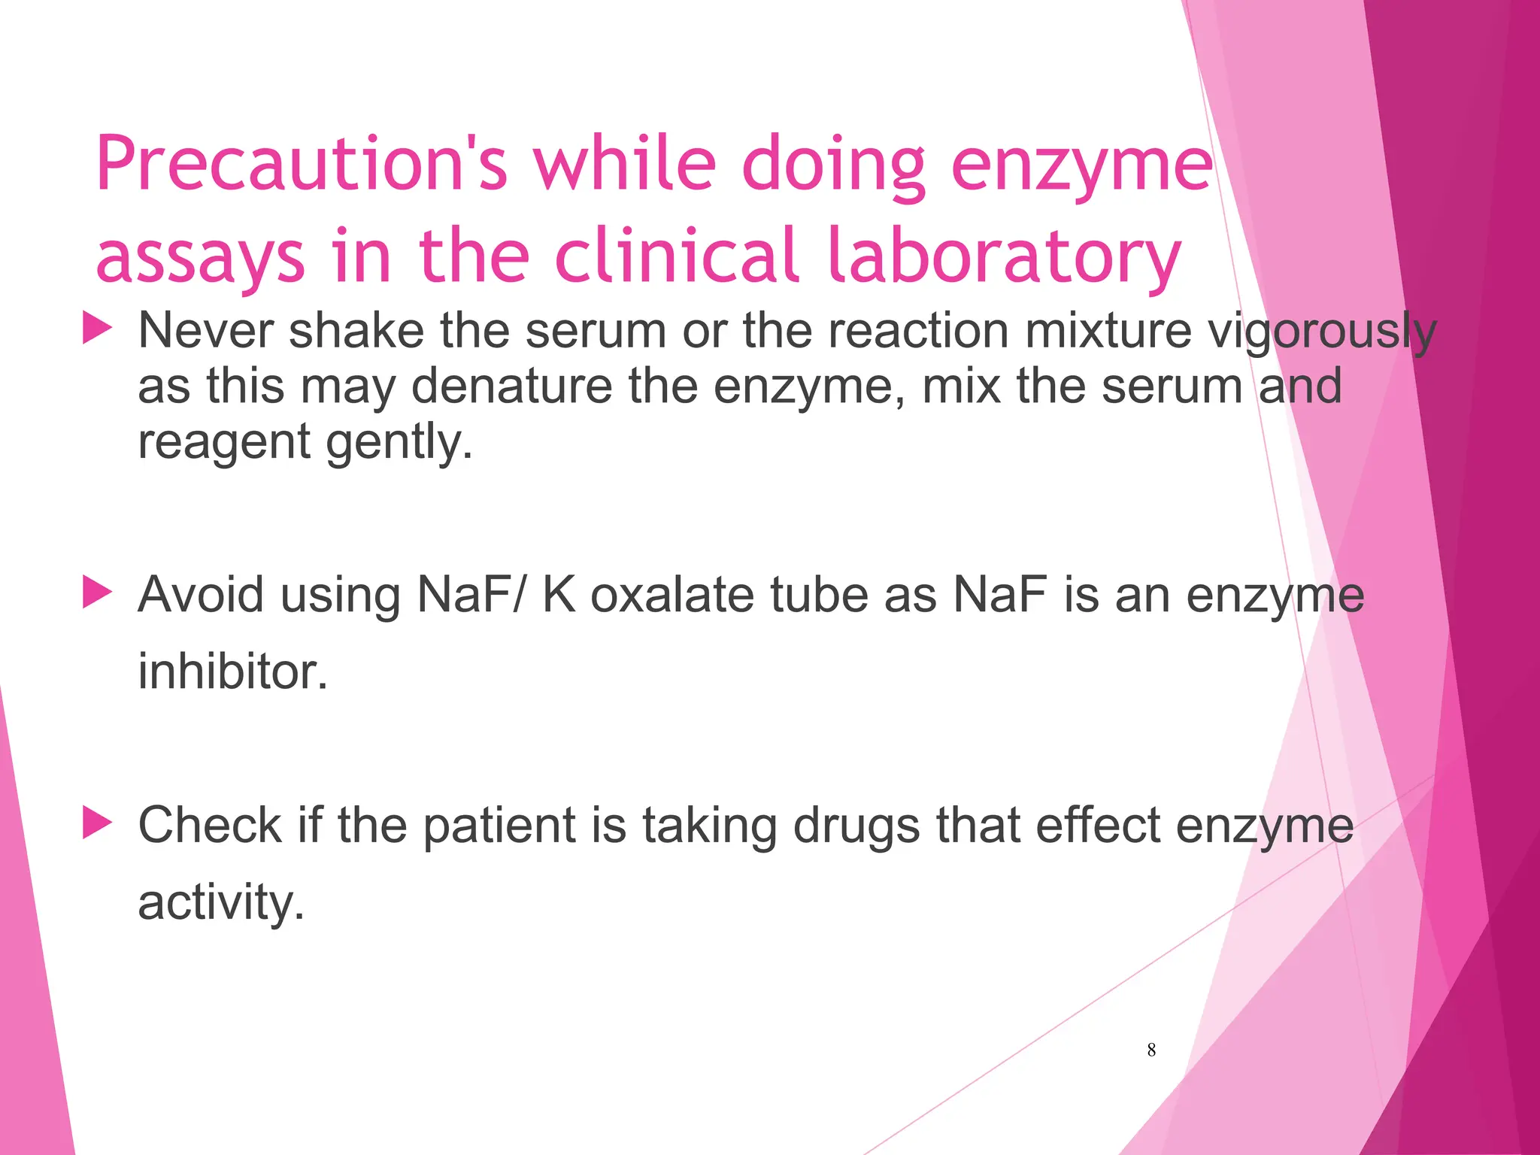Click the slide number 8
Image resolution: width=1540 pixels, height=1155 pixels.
pyautogui.click(x=1151, y=1050)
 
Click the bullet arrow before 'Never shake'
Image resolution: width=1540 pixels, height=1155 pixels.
pyautogui.click(x=97, y=329)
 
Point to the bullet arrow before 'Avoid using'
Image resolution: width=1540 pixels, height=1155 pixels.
pyautogui.click(x=97, y=593)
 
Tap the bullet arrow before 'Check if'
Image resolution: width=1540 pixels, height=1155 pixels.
pyautogui.click(x=97, y=823)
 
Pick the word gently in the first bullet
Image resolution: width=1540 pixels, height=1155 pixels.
pyautogui.click(x=399, y=441)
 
